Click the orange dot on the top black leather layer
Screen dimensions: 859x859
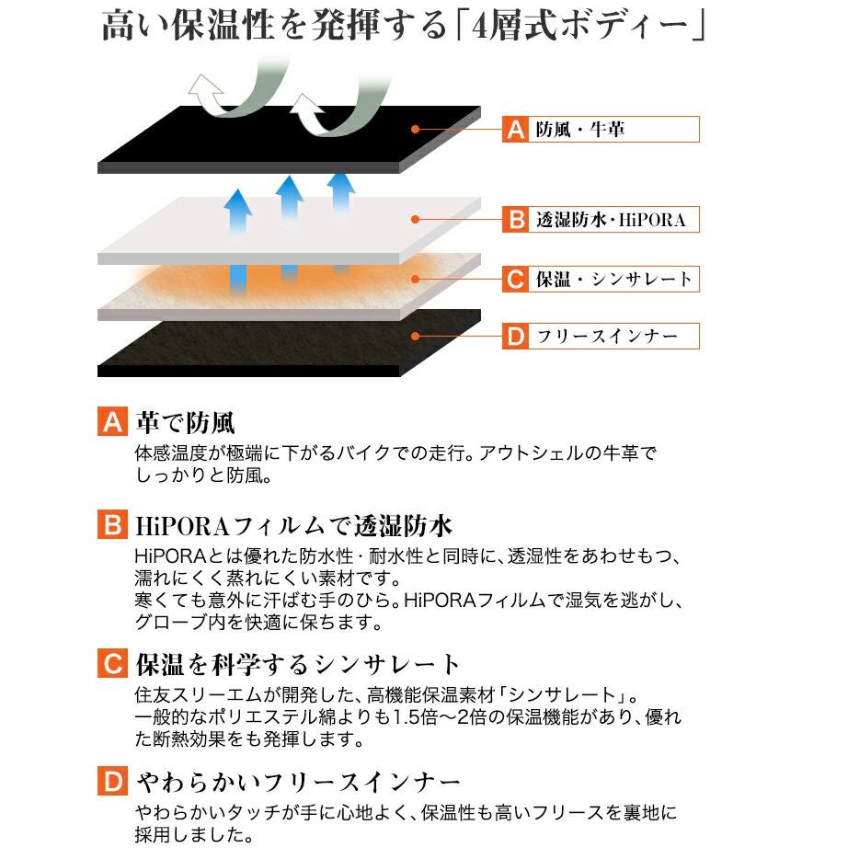416,130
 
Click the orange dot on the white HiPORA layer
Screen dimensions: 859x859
416,219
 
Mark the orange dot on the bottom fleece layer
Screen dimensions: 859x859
416,336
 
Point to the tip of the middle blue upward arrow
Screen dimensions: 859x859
290,177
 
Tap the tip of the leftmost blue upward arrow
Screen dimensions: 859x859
238,189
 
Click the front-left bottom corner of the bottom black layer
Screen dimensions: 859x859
98,376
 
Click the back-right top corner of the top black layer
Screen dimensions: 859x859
480,107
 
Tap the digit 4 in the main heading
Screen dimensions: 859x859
478,27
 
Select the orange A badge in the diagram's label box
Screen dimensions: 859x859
516,130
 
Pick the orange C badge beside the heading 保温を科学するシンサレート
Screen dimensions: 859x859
113,663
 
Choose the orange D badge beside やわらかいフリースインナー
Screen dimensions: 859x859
113,781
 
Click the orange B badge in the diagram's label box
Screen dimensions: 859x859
516,219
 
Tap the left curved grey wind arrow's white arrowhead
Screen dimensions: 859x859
204,91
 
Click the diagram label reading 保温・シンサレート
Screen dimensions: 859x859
613,279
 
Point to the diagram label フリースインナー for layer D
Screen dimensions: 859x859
607,336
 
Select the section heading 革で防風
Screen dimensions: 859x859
186,422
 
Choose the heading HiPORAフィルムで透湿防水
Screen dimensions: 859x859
293,526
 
